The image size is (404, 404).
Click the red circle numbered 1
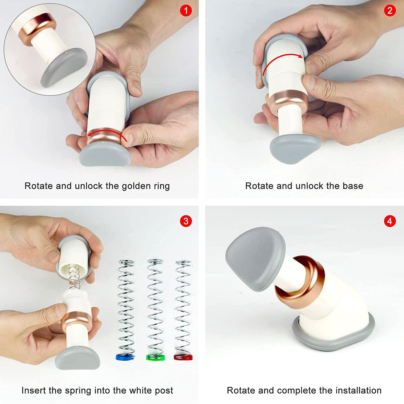[x=186, y=11]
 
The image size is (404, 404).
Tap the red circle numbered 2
[x=390, y=11]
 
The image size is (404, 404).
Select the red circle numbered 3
[x=186, y=221]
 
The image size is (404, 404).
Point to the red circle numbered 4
[x=390, y=221]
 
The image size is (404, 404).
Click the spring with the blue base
[x=126, y=310]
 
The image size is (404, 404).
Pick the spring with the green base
[x=155, y=310]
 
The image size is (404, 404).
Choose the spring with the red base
[x=183, y=310]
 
